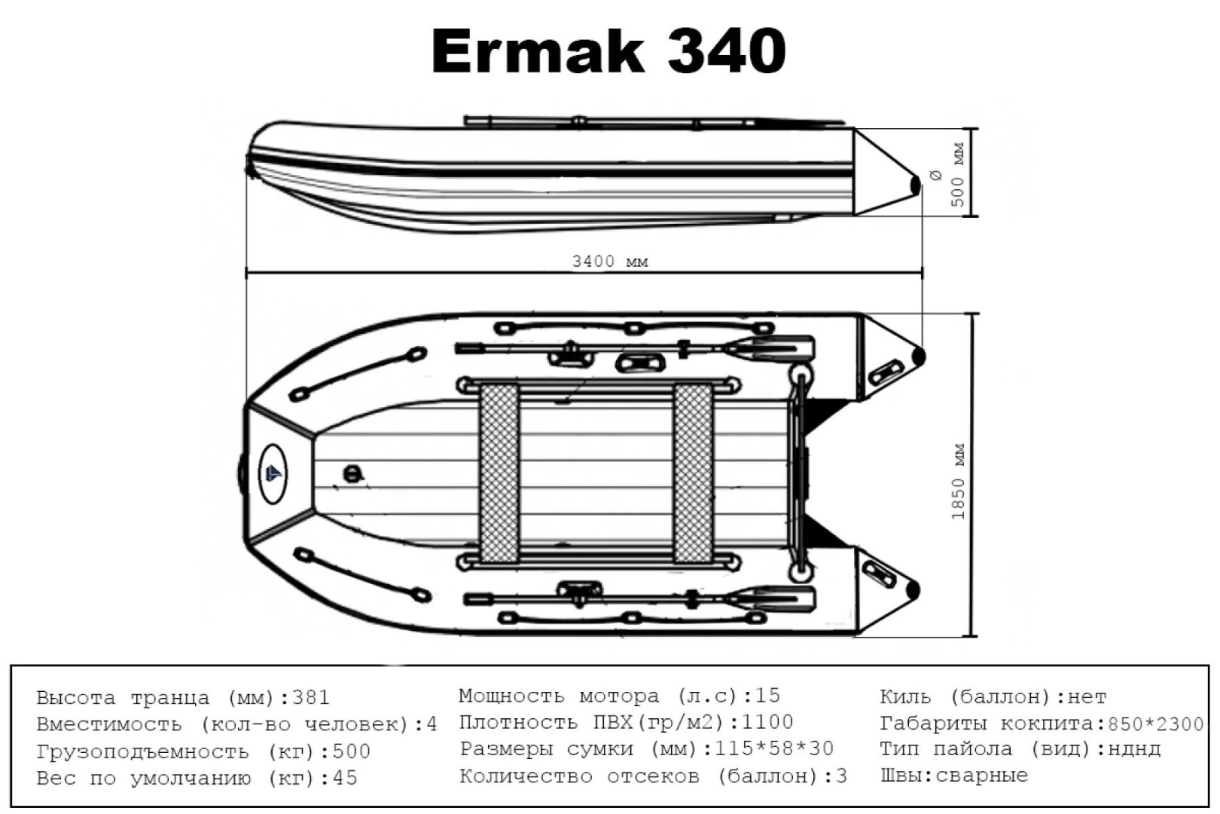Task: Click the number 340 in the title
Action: [727, 51]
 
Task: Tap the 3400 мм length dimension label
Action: [610, 262]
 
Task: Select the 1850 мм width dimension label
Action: [958, 482]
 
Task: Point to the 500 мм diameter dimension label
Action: [957, 175]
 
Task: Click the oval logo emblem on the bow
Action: [273, 473]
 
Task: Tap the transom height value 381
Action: [311, 698]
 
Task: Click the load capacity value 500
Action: [351, 751]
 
